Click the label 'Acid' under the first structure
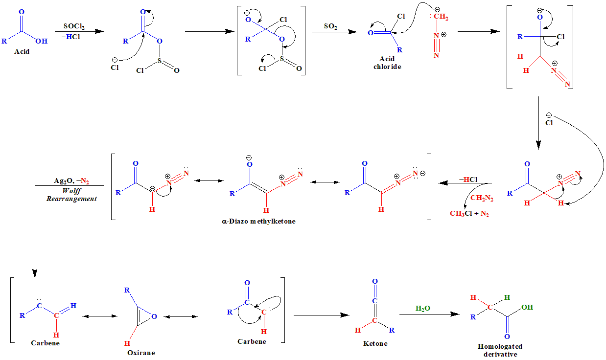pos(22,51)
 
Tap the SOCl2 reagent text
pos(74,26)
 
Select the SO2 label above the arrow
pos(330,26)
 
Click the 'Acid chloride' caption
pos(387,63)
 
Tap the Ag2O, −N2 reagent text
pos(71,181)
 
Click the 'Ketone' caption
pos(375,343)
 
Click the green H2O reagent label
pos(422,308)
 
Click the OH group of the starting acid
pos(42,42)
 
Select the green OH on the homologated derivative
pos(527,308)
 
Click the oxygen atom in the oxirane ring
pos(154,316)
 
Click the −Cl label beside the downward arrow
pos(546,123)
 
